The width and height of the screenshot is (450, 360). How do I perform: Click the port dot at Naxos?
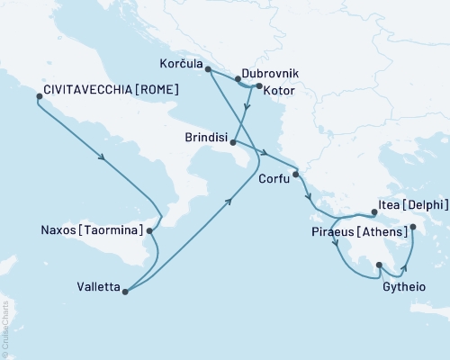149,230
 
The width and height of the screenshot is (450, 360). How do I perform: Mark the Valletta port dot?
125,291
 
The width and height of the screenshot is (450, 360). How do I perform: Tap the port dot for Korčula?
208,69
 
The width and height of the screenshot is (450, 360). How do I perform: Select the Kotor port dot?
259,87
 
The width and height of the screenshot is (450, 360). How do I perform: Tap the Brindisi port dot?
233,142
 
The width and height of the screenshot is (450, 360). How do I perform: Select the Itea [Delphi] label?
416,204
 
